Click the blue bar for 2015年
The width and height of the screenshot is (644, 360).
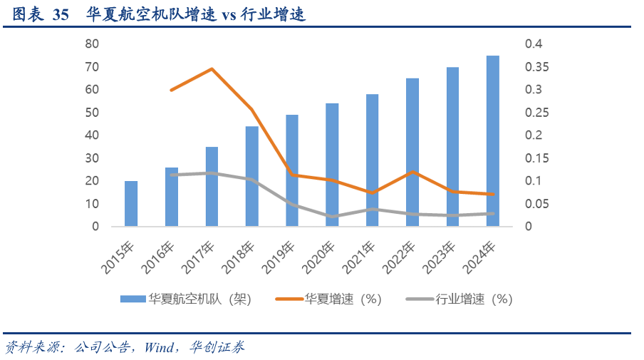(131, 204)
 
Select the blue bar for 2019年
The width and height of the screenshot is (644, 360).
(292, 171)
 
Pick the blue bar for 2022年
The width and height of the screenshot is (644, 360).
(412, 153)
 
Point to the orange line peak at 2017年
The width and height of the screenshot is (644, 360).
(212, 69)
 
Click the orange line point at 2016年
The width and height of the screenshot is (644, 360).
(172, 90)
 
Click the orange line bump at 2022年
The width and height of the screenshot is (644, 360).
(412, 172)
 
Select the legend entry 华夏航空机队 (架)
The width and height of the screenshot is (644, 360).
(185, 299)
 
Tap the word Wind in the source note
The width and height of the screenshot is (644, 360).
(159, 348)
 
